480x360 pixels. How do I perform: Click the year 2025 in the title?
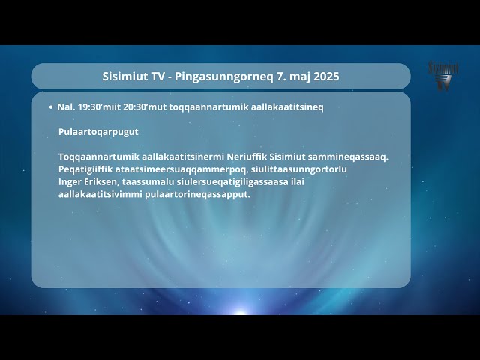(x=326, y=76)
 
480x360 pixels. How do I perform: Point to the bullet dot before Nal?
(x=50, y=107)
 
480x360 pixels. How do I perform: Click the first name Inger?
(x=70, y=181)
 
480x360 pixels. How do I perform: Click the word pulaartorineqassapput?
(x=201, y=194)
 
